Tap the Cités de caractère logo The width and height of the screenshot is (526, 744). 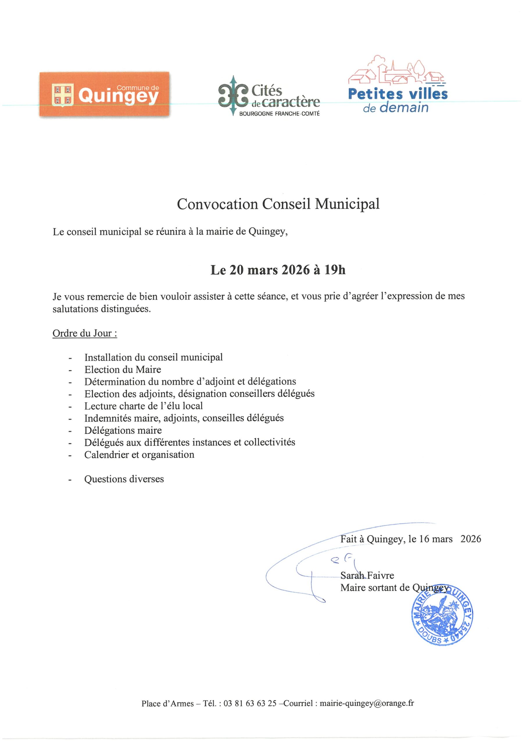coord(269,96)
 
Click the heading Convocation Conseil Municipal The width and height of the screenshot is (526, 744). coord(278,204)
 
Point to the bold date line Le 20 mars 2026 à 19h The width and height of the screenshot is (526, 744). coord(278,270)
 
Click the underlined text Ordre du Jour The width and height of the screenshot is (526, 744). coord(85,333)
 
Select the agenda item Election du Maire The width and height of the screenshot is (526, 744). coord(123,369)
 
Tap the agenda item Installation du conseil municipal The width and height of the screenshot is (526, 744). coord(153,357)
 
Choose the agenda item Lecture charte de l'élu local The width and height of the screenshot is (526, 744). coord(143,406)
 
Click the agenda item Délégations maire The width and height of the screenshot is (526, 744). coord(123,430)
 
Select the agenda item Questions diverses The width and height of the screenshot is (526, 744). coord(124,479)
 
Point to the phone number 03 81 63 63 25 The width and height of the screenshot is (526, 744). coord(250,704)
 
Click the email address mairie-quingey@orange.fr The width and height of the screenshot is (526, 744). coord(366,704)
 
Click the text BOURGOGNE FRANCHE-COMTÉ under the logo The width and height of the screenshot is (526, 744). coord(279,114)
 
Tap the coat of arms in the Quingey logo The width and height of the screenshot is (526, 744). coord(62,95)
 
